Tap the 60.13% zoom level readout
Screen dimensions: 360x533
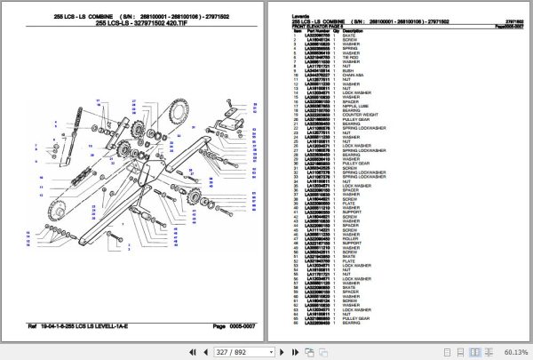click(x=514, y=352)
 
